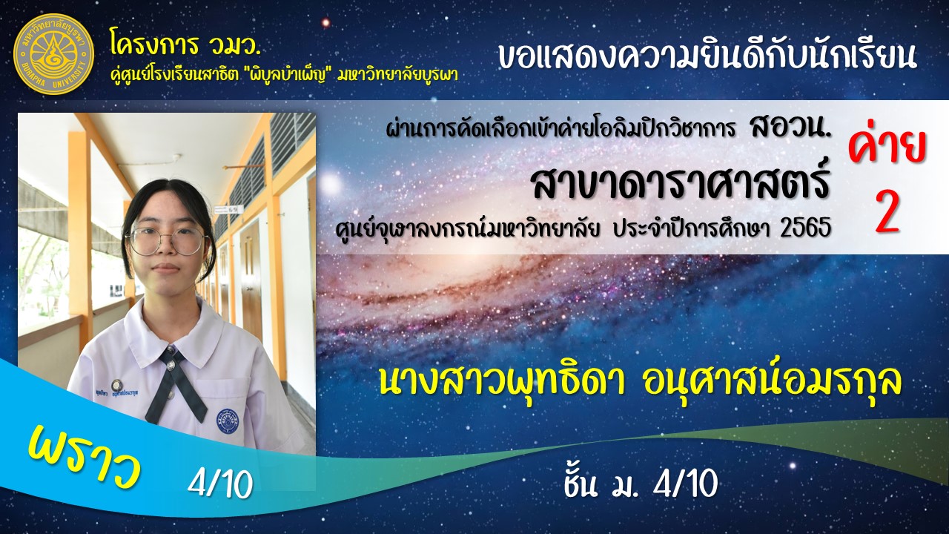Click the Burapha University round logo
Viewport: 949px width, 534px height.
[53, 54]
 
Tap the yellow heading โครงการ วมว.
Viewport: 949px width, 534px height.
[185, 43]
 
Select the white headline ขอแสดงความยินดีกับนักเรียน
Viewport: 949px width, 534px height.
[707, 56]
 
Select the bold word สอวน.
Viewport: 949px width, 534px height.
[790, 127]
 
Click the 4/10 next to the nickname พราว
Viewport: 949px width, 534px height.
[220, 484]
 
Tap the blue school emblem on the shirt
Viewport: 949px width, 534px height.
[228, 421]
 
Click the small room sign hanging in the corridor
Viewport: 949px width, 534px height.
[229, 209]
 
